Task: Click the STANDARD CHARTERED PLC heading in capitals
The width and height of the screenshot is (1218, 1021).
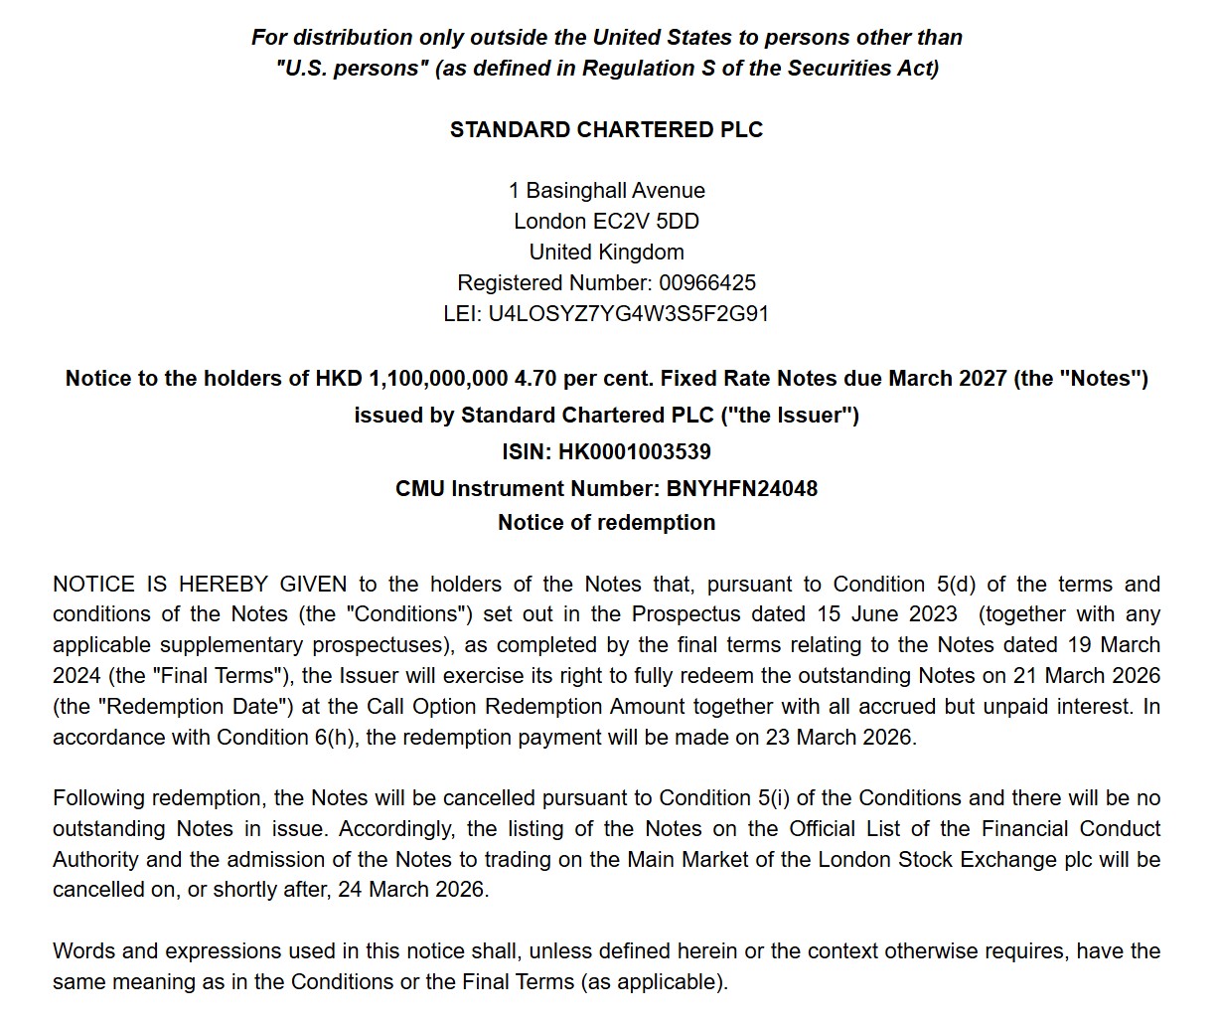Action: click(606, 130)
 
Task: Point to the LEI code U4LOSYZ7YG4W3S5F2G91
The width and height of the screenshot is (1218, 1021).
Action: click(628, 314)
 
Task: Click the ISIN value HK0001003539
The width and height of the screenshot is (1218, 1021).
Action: click(634, 452)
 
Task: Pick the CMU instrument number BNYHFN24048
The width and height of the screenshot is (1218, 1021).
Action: click(742, 489)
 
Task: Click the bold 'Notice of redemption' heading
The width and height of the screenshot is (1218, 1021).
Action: click(606, 523)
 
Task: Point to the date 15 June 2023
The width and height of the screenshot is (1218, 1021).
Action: click(887, 614)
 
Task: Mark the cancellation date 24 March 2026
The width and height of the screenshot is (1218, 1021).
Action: click(411, 890)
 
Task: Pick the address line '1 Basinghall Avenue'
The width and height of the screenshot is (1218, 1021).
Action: click(606, 191)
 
